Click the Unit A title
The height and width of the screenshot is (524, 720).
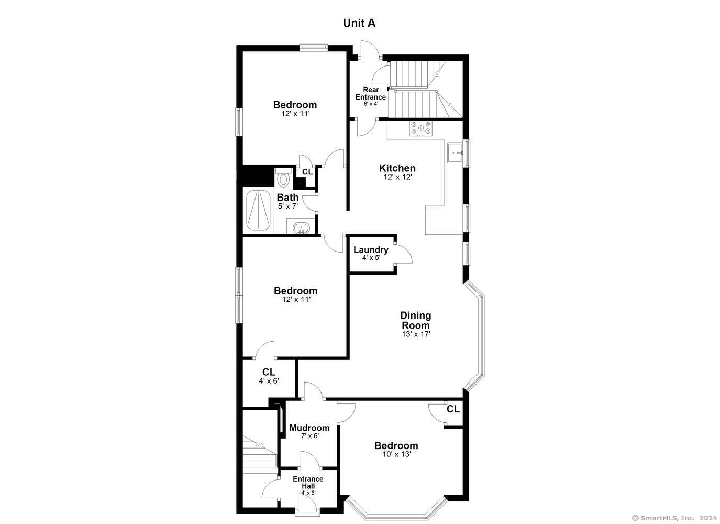click(359, 23)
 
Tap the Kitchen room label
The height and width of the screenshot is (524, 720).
click(397, 168)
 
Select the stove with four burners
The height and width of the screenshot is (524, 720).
click(420, 128)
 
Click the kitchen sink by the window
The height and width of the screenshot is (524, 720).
click(455, 152)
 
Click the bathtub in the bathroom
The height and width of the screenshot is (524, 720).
click(258, 210)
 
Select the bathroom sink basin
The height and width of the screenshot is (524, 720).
click(300, 228)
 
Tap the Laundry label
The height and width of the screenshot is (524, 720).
click(371, 250)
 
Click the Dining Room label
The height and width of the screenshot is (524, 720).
click(416, 320)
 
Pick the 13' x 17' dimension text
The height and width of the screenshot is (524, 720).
click(416, 334)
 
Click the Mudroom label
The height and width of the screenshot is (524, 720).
click(309, 428)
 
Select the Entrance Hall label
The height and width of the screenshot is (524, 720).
click(308, 482)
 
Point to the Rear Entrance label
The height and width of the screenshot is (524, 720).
click(371, 93)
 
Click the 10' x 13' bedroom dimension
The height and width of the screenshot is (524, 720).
click(396, 454)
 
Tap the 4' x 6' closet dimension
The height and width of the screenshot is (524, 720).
click(269, 381)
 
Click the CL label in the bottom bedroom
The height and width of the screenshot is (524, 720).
click(453, 409)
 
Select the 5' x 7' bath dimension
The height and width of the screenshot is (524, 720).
click(287, 206)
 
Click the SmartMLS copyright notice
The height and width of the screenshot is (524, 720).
click(674, 518)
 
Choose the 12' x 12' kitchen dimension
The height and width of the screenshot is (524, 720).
click(397, 177)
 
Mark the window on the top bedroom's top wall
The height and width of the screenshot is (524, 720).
click(314, 48)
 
